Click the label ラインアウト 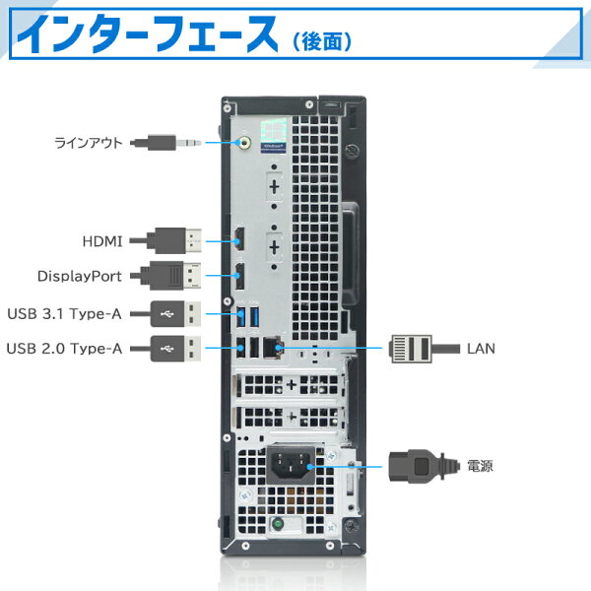[x=88, y=142]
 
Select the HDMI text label [x=102, y=239]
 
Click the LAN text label [x=482, y=348]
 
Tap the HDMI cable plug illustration [x=177, y=239]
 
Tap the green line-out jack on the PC [x=244, y=142]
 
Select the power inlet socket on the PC [x=292, y=466]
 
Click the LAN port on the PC [x=275, y=347]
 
